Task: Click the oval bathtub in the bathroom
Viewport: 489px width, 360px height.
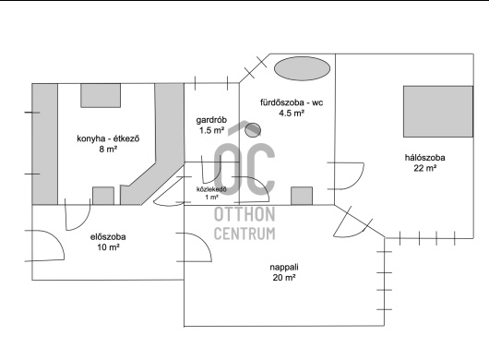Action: point(302,68)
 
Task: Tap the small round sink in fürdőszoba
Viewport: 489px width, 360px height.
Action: point(253,130)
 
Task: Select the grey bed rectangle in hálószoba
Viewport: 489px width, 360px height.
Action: point(438,112)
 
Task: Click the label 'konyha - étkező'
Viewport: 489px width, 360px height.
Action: point(108,138)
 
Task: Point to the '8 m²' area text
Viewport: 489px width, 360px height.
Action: point(108,150)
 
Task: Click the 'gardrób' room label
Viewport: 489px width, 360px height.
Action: point(211,120)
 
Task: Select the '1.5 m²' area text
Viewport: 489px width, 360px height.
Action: point(212,130)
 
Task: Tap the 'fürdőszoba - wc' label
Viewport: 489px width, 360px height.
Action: point(292,102)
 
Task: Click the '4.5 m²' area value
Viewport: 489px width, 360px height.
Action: point(292,113)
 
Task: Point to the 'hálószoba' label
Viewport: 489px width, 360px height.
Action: point(424,158)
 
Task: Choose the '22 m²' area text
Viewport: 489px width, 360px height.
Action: point(424,168)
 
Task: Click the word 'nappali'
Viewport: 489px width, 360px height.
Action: point(284,268)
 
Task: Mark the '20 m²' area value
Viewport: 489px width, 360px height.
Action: point(284,277)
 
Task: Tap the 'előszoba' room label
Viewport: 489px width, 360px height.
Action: point(108,237)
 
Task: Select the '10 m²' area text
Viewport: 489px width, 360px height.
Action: point(108,247)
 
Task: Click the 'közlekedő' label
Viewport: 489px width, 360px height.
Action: point(211,189)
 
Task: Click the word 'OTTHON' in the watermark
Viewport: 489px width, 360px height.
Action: point(244,214)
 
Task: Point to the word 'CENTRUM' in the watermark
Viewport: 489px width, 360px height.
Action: point(244,234)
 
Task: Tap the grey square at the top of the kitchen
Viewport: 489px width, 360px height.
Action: point(101,95)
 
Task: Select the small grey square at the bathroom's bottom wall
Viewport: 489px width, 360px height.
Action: point(302,196)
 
